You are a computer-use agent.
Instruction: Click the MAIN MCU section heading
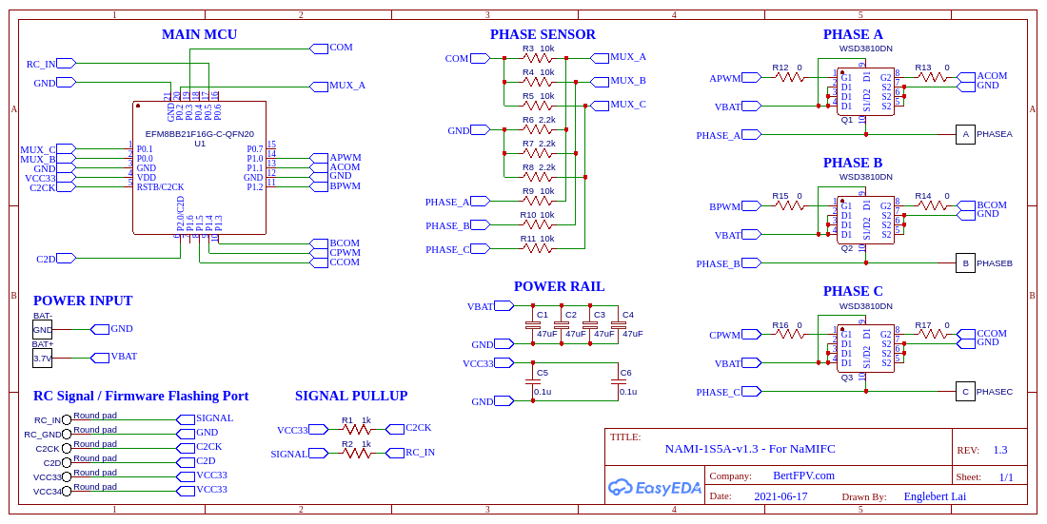(x=199, y=35)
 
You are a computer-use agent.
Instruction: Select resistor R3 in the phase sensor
(x=538, y=58)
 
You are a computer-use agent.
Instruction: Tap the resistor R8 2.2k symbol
(x=538, y=177)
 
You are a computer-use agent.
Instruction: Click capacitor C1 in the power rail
(x=533, y=325)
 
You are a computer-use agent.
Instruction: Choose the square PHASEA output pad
(x=965, y=135)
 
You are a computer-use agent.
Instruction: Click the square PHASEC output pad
(x=965, y=391)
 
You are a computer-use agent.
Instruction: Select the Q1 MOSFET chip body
(x=865, y=91)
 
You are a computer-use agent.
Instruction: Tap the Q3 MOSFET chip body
(x=865, y=349)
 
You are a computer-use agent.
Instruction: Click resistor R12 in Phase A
(x=790, y=77)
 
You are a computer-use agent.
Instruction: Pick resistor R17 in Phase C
(x=933, y=334)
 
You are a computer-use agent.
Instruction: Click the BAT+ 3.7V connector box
(x=43, y=359)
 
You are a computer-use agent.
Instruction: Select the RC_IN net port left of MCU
(x=65, y=64)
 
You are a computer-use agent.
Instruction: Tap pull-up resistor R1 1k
(x=357, y=430)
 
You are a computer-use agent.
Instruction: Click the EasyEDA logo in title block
(x=655, y=488)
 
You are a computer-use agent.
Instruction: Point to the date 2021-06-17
(x=780, y=496)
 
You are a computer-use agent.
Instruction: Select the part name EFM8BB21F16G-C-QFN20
(x=199, y=134)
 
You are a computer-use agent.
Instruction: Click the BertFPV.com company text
(x=803, y=475)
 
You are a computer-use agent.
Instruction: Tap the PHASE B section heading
(x=853, y=164)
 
